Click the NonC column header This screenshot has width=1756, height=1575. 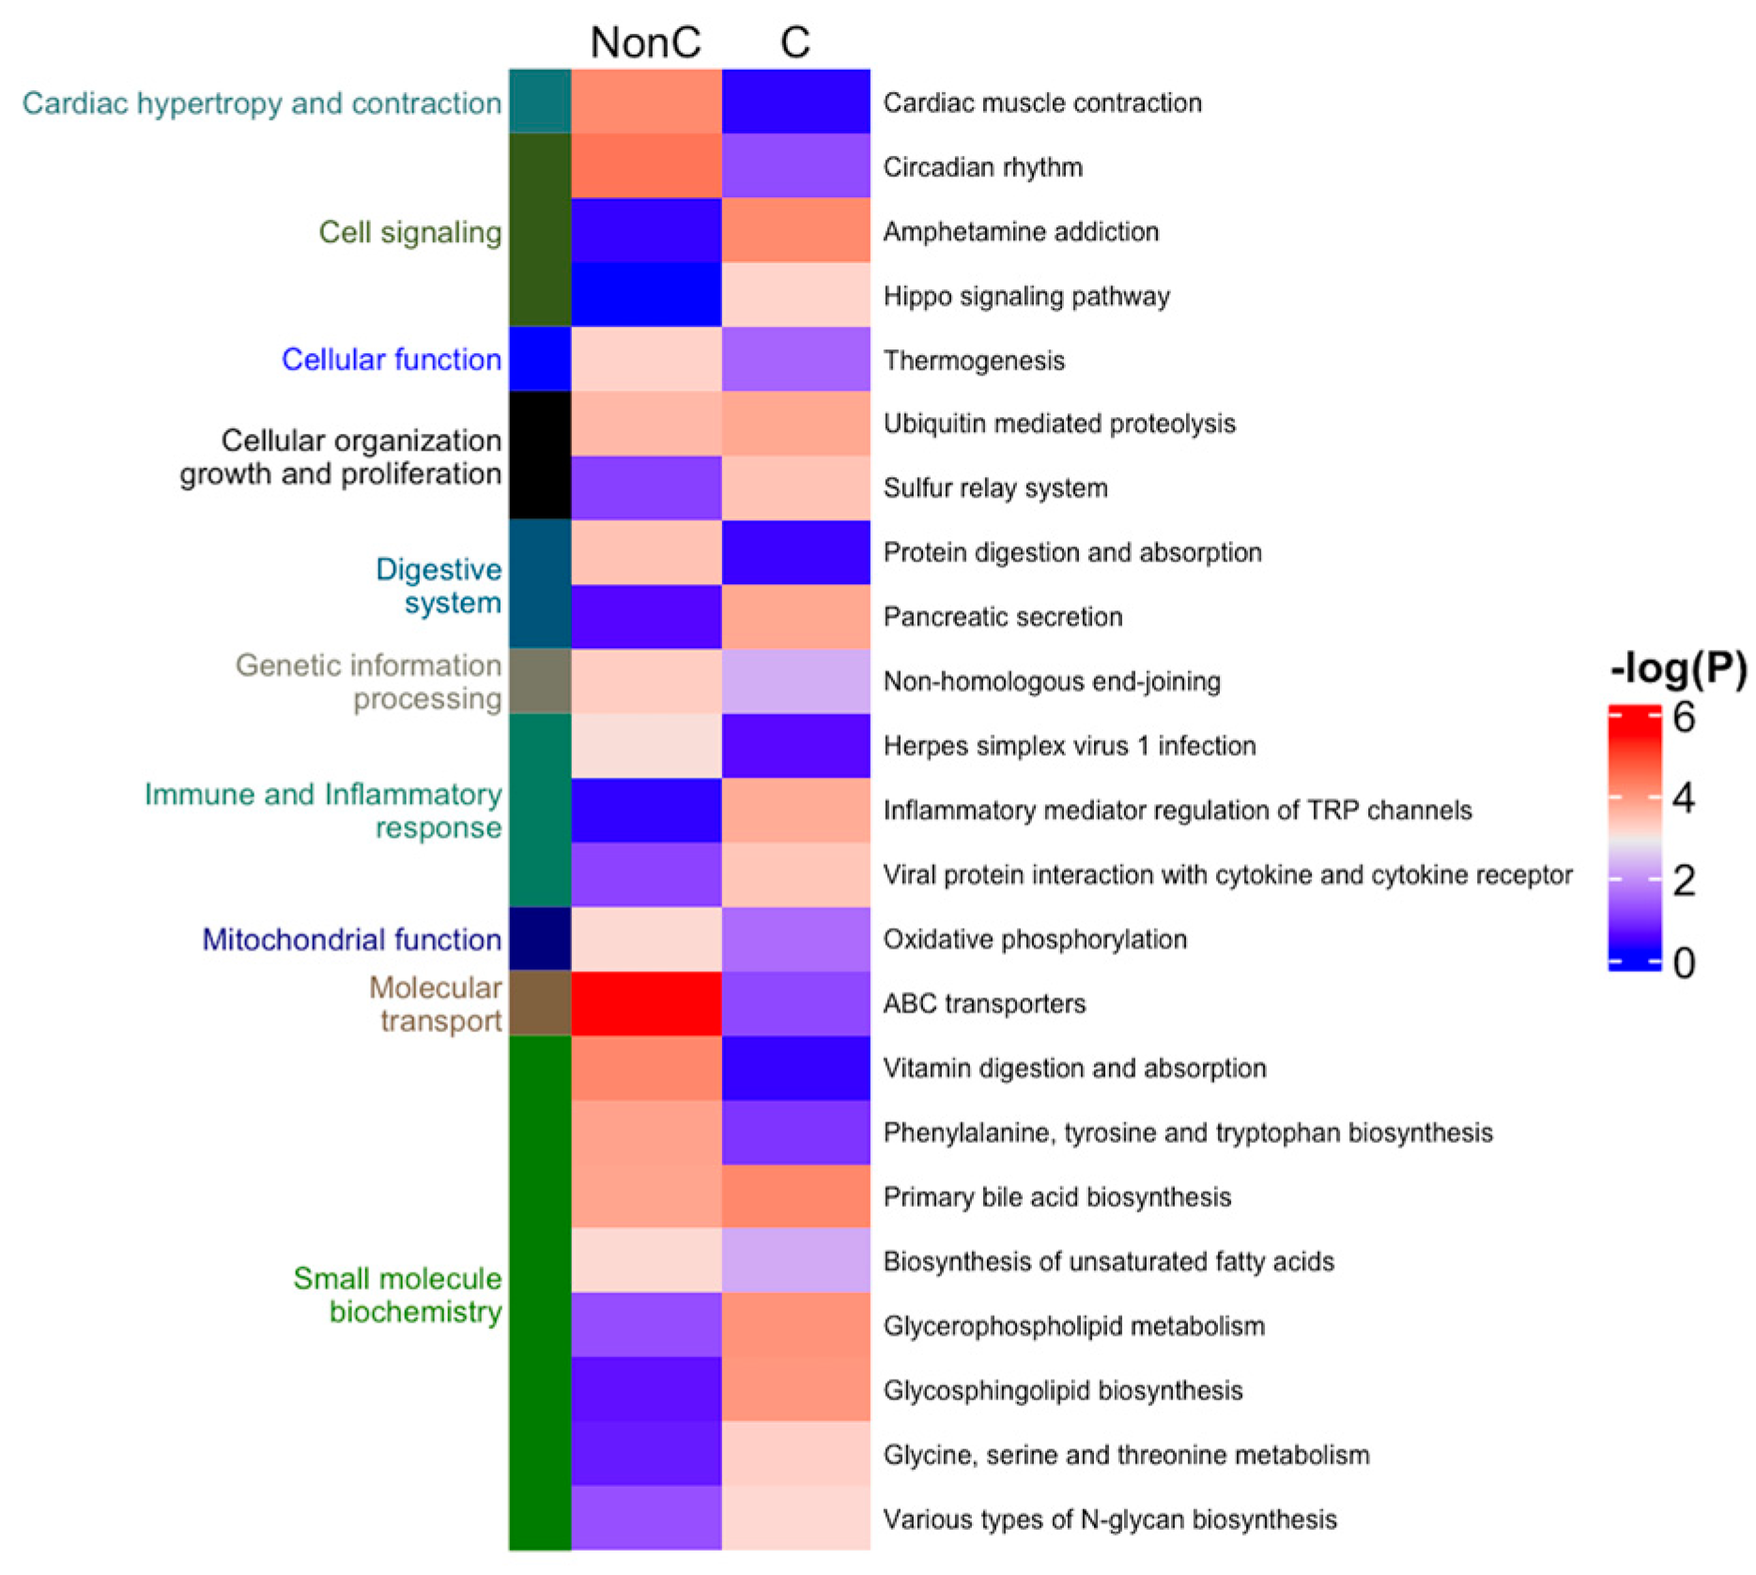[645, 42]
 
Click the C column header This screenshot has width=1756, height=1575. [794, 42]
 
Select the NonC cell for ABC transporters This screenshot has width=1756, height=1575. [646, 1003]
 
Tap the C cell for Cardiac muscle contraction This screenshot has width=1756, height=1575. [795, 101]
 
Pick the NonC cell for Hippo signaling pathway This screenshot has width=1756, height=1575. [646, 295]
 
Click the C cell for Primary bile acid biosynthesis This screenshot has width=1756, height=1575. [795, 1197]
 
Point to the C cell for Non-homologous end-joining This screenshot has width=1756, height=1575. [795, 681]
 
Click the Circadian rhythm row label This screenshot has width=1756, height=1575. [982, 167]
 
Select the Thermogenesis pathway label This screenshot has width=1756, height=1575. [974, 361]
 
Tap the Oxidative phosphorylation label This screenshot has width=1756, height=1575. [1035, 939]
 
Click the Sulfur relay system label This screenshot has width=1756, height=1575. [995, 488]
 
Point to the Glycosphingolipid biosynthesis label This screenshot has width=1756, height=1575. [1063, 1390]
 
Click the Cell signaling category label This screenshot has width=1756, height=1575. [409, 232]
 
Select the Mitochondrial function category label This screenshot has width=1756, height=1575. [351, 939]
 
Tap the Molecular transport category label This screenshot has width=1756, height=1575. [436, 1004]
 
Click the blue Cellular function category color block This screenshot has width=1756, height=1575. [540, 359]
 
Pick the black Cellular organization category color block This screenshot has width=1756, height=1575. [540, 456]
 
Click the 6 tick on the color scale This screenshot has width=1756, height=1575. [1684, 718]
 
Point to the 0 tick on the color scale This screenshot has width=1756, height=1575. [1684, 963]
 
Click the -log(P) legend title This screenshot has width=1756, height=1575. [1678, 668]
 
